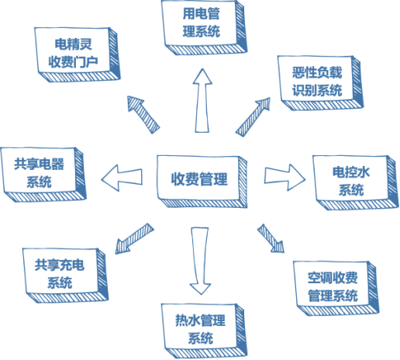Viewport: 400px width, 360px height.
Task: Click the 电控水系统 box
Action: (x=351, y=180)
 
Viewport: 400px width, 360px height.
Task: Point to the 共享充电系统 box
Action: (x=60, y=273)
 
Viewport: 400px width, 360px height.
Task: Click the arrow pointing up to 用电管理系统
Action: (x=203, y=101)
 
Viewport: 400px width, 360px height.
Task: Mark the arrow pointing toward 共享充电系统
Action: (x=133, y=237)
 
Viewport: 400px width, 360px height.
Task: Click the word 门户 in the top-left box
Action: (x=86, y=62)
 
